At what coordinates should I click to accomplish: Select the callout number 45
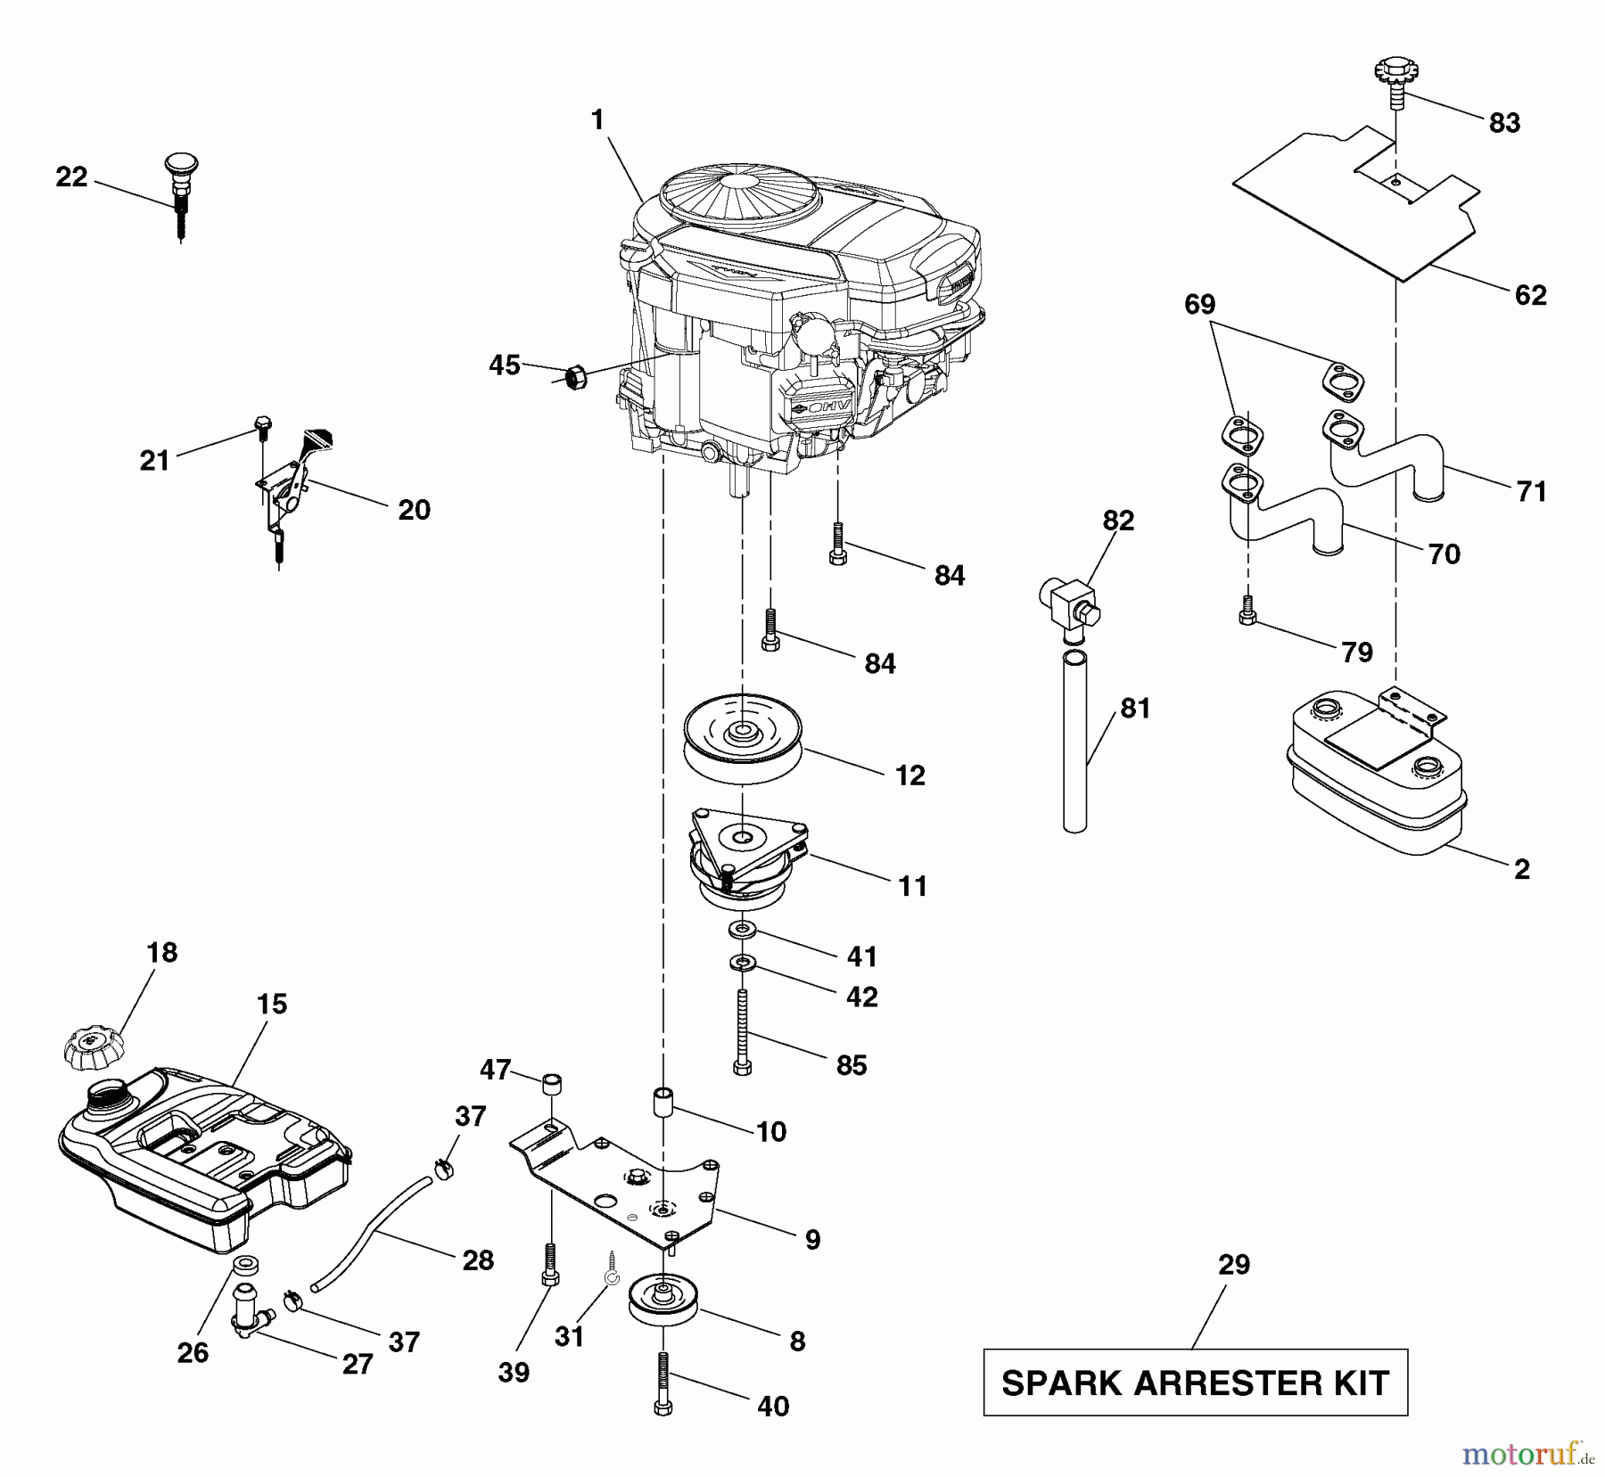[x=505, y=365]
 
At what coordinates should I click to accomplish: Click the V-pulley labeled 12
[x=742, y=739]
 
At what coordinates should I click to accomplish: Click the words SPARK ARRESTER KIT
[x=1195, y=1383]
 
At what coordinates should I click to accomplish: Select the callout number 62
[x=1530, y=295]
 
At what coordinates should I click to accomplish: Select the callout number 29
[x=1234, y=1265]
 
